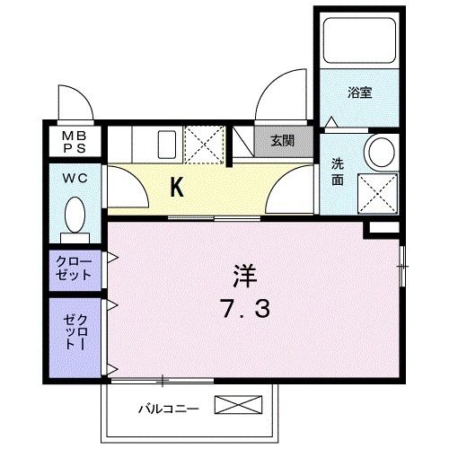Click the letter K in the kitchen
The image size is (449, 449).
(178, 189)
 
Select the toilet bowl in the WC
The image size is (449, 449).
(76, 215)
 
